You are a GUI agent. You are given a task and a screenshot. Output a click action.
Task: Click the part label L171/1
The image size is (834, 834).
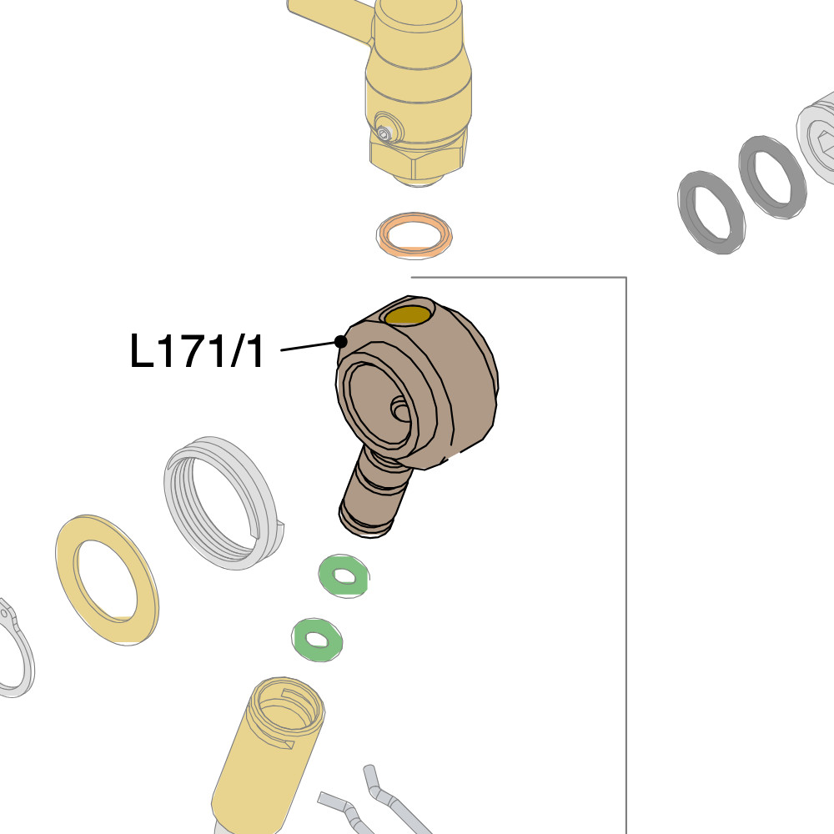[197, 350]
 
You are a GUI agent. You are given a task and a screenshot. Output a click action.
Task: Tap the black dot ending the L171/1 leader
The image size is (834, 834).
[341, 341]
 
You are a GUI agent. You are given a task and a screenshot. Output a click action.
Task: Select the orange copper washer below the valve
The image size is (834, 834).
[414, 235]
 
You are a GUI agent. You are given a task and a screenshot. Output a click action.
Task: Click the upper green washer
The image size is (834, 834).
[344, 576]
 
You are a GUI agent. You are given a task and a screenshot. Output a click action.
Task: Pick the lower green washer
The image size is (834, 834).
[317, 640]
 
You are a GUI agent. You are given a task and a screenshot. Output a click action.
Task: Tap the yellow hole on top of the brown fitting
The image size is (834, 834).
[408, 315]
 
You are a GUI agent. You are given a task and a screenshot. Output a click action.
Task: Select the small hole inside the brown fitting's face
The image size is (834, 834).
[400, 410]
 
